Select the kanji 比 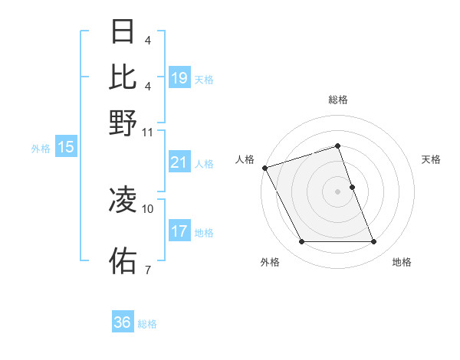123,77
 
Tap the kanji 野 123,123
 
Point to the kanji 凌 123,201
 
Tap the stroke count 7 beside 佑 147,270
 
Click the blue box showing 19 179,77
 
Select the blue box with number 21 179,162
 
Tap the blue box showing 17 179,231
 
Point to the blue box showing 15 66,148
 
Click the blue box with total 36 123,322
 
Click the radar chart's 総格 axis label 338,100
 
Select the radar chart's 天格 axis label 431,159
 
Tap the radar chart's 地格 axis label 402,263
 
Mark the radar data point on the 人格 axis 264,168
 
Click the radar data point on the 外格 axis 301,242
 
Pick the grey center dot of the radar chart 338,191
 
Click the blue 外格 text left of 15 41,149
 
